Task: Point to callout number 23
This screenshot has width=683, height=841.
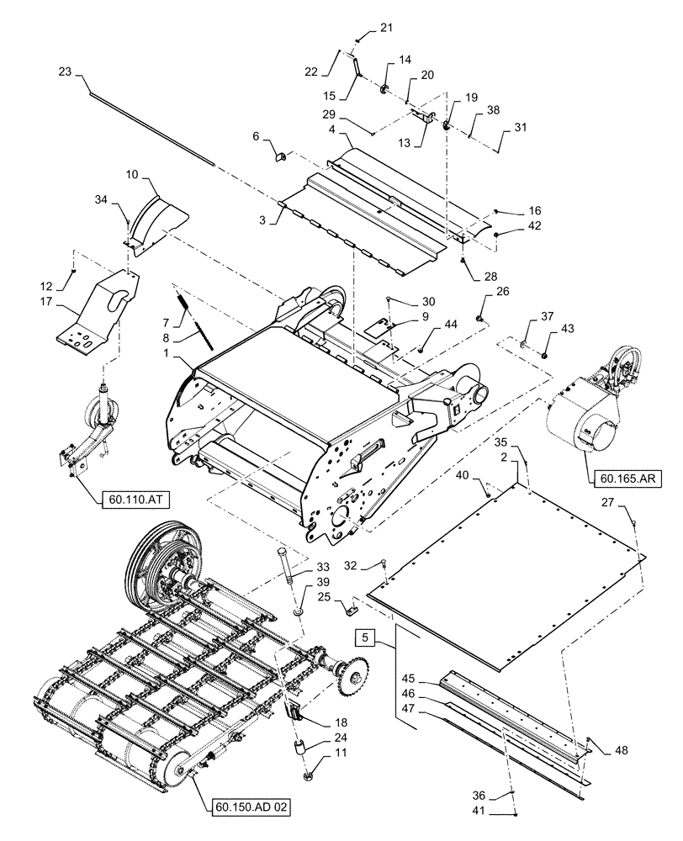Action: (x=66, y=72)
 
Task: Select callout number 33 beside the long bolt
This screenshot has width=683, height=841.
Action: (x=301, y=568)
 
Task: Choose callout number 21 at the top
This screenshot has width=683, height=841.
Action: (x=385, y=29)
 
